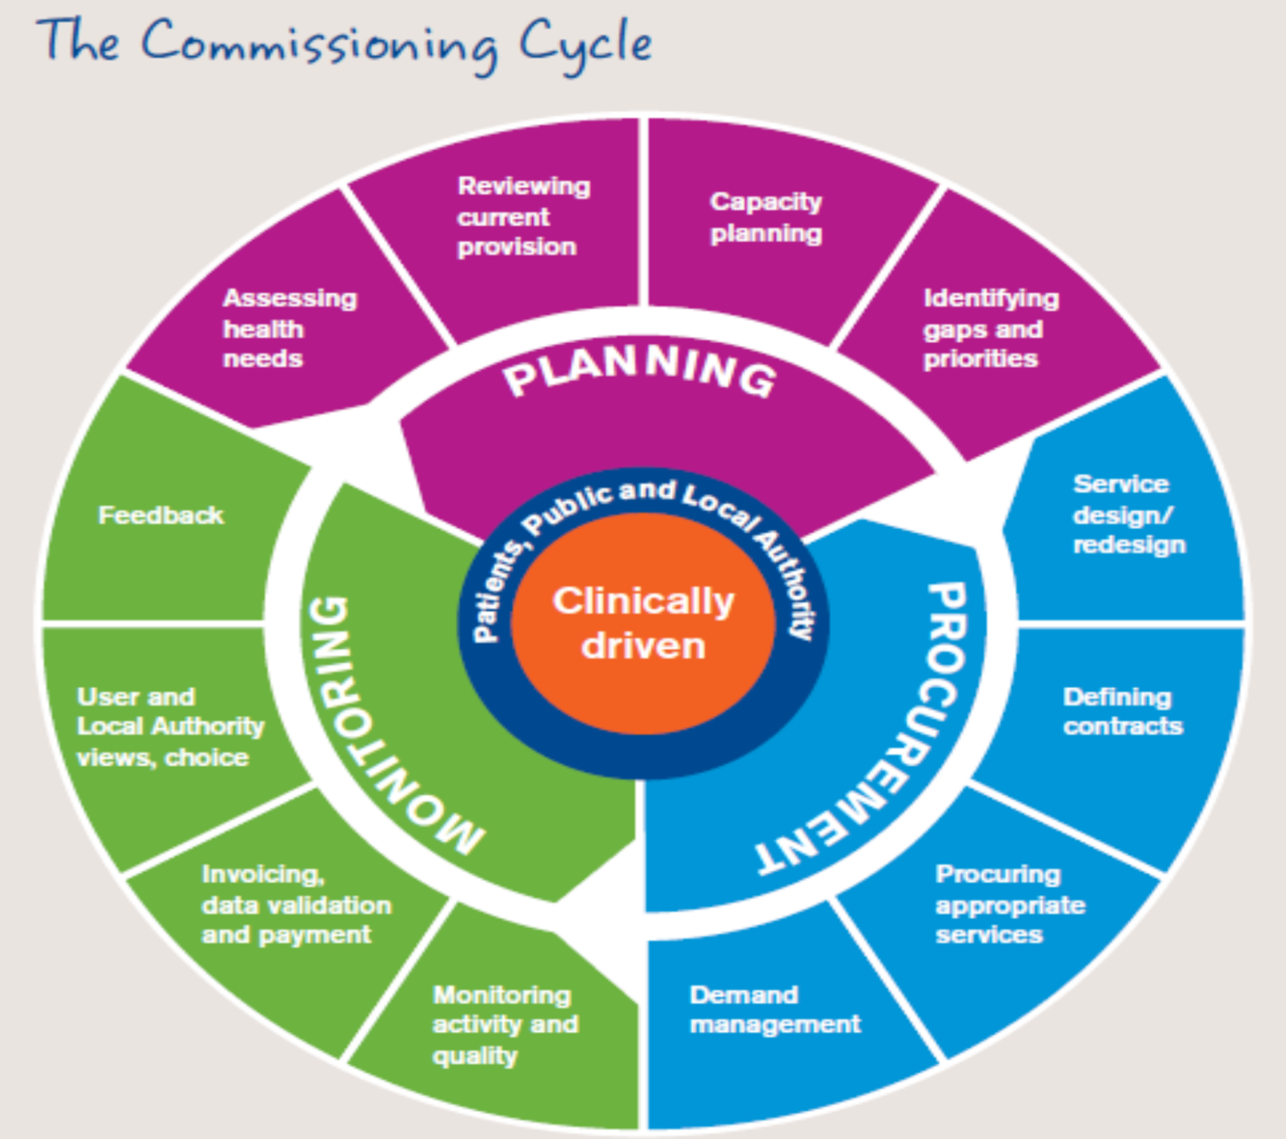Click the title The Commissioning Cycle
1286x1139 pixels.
[x=344, y=43]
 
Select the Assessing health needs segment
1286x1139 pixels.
[x=289, y=328]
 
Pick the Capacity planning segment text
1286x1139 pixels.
[x=766, y=217]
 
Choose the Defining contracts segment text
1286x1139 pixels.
[x=1122, y=711]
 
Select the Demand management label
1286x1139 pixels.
[x=774, y=1009]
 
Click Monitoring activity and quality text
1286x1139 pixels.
[x=504, y=1024]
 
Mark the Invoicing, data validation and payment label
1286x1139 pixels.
[x=296, y=904]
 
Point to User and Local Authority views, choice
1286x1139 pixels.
[x=170, y=727]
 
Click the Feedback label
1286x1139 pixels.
[x=161, y=516]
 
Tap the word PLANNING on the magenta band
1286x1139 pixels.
[x=640, y=371]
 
